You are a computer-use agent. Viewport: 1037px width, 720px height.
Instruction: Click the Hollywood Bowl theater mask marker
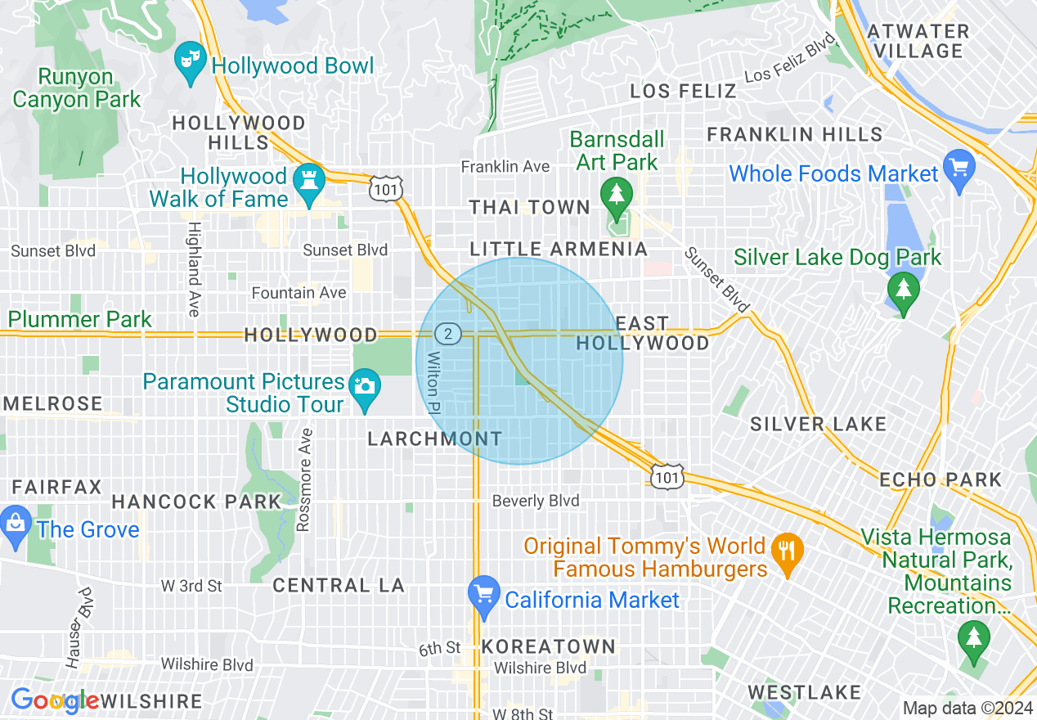click(x=191, y=62)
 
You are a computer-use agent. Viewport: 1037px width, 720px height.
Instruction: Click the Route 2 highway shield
click(x=447, y=334)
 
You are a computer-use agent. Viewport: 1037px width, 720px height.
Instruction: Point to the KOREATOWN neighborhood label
click(x=548, y=646)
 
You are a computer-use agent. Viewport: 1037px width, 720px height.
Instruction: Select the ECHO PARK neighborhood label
click(x=940, y=479)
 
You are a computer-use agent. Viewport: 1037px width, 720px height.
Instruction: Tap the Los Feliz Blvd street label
click(x=789, y=58)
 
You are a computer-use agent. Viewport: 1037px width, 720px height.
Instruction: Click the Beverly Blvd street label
click(x=536, y=501)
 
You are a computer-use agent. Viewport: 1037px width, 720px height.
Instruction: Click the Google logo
click(x=54, y=700)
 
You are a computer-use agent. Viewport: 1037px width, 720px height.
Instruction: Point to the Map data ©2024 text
click(x=967, y=708)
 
